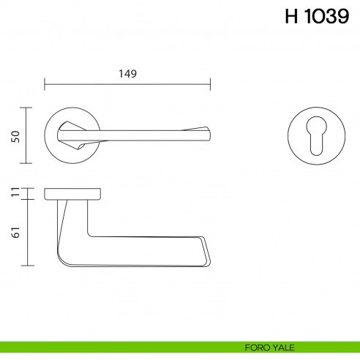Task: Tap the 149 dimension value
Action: (127, 73)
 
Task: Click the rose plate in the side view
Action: (72, 193)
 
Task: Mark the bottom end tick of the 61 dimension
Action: (28, 265)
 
